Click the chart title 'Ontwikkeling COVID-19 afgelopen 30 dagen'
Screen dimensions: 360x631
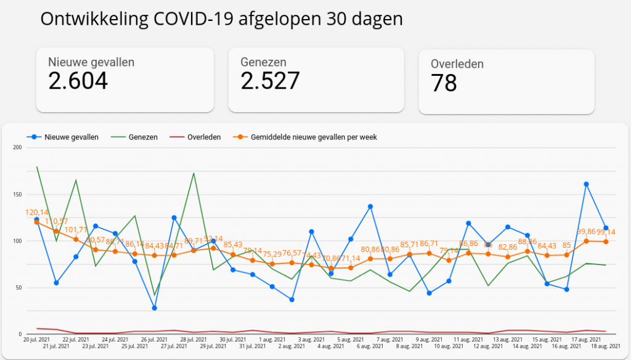tap(221, 19)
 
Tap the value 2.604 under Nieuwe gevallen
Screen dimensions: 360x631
tap(78, 81)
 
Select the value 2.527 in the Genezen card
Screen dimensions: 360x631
tap(270, 81)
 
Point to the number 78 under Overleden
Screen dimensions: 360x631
tap(444, 83)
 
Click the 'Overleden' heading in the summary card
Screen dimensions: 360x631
tap(457, 63)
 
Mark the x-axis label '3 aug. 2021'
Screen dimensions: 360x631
tap(311, 340)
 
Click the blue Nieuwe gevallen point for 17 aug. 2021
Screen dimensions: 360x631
tap(586, 184)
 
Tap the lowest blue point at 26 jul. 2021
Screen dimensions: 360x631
tap(154, 308)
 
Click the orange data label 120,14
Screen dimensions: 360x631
tap(36, 213)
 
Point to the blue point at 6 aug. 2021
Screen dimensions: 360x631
tap(370, 207)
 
